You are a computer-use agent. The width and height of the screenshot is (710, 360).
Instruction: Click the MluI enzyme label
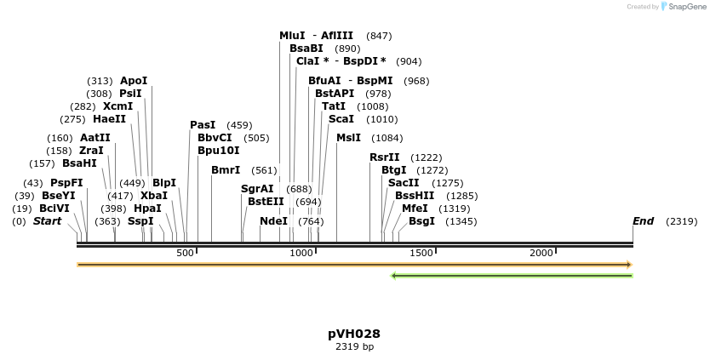tap(292, 36)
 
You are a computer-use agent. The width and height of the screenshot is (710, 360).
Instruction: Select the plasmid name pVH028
tap(354, 334)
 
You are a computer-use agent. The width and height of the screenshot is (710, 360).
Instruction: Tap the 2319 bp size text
tap(354, 347)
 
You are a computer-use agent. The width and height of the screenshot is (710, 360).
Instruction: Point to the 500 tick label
tap(186, 254)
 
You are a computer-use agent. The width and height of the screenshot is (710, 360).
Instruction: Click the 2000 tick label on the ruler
tap(542, 254)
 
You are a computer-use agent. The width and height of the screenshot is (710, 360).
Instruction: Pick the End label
tap(643, 221)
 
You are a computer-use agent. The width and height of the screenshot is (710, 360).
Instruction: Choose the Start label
tap(48, 221)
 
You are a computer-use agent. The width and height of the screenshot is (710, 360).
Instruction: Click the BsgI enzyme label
tap(421, 221)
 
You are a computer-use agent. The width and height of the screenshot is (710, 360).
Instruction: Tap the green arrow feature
tap(511, 275)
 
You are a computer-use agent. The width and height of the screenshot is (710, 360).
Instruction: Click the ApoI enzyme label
tap(134, 81)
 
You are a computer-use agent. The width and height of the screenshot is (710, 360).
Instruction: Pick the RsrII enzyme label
tap(384, 157)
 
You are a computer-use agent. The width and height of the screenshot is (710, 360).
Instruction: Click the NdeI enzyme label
tap(273, 221)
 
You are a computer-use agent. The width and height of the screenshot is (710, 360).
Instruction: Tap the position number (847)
tap(379, 36)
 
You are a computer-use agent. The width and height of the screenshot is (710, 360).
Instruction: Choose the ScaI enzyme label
tap(341, 119)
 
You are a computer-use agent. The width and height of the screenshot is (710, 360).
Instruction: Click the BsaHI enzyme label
tap(79, 163)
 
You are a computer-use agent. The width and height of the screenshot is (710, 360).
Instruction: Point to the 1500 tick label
tap(423, 254)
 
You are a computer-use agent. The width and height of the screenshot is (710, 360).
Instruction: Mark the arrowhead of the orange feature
tap(629, 265)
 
